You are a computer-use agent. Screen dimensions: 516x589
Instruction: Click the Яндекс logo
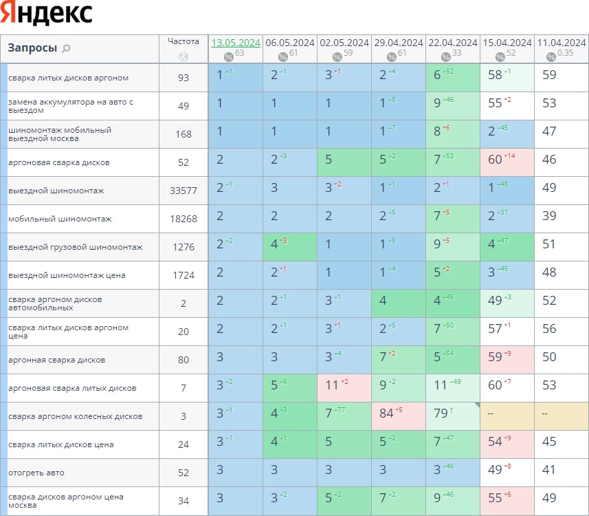tap(46, 14)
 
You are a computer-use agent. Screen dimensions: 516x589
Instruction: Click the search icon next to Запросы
tap(66, 49)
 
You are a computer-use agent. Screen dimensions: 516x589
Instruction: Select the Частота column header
tap(183, 41)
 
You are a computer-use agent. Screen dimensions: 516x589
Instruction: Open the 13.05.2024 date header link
tap(236, 43)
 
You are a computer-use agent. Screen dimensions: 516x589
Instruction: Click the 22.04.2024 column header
tap(452, 43)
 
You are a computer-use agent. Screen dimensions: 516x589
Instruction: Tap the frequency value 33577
tap(183, 191)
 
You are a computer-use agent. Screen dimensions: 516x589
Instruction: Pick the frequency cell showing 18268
tap(183, 219)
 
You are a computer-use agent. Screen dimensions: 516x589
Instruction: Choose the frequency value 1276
tap(183, 247)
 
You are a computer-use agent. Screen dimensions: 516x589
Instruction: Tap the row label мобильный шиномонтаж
tap(60, 219)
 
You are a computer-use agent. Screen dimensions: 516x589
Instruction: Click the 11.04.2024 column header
tap(562, 43)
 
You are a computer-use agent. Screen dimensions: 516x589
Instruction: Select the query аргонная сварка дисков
tap(56, 360)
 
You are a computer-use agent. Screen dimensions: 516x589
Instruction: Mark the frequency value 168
tap(183, 134)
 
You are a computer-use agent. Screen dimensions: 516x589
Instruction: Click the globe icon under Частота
tap(183, 58)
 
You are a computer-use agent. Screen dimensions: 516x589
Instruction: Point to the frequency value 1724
tap(183, 275)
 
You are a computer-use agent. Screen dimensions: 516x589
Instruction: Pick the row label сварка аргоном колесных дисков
tap(76, 416)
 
